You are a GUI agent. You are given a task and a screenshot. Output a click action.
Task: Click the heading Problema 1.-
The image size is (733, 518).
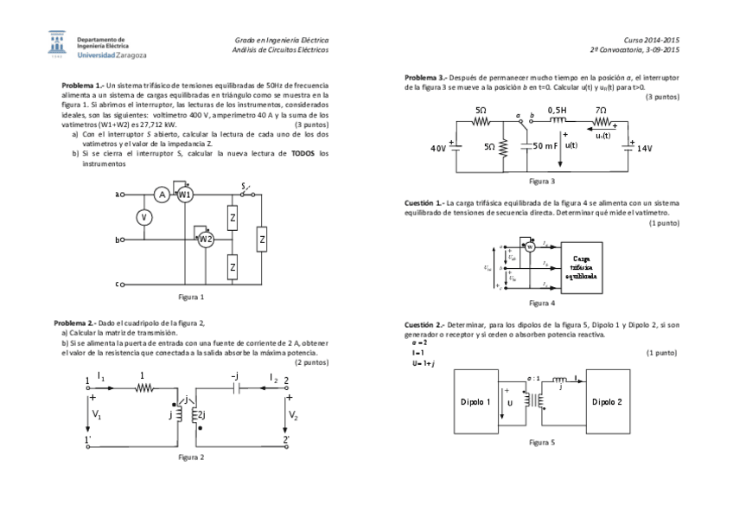point(83,86)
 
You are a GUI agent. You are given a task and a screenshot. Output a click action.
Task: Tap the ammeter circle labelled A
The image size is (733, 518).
point(162,195)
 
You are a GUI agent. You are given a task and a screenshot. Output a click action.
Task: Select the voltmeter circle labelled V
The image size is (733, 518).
point(144,218)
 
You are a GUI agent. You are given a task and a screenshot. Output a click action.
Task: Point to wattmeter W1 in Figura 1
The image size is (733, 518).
point(184,195)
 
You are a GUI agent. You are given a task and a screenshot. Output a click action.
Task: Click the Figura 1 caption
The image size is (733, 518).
point(191,297)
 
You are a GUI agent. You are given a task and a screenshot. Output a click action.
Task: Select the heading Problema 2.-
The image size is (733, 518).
point(75,323)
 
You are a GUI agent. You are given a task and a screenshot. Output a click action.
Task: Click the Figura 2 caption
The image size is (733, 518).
point(191,456)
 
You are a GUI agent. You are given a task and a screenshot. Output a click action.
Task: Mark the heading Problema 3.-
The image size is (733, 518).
point(426,78)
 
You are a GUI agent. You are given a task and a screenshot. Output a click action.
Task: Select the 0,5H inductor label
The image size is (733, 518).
point(558,111)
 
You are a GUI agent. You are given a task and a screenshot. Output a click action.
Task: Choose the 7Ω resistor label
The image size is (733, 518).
point(601,111)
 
